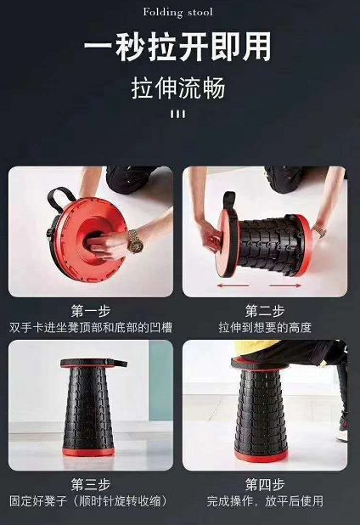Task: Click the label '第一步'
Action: click(x=91, y=311)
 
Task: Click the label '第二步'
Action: click(x=265, y=311)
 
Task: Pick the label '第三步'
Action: click(x=91, y=484)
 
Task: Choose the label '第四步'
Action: click(x=265, y=484)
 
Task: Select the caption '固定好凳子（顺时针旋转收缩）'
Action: click(x=91, y=501)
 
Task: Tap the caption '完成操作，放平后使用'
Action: click(x=265, y=501)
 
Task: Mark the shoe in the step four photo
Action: click(x=341, y=434)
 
